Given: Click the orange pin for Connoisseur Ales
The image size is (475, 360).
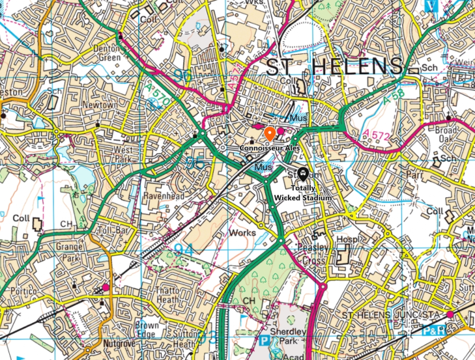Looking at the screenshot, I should [x=269, y=134].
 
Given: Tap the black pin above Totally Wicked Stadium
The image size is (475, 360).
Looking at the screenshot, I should [x=302, y=174].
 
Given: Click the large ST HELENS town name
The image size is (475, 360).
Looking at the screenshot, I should [x=333, y=66].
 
